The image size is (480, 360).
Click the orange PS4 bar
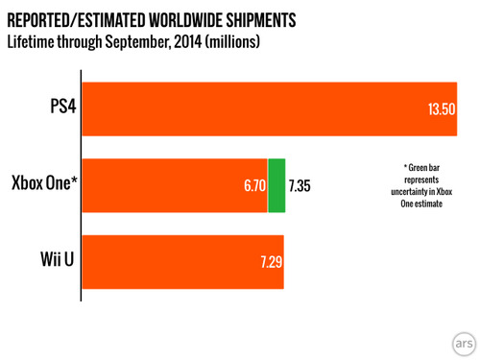click(270, 109)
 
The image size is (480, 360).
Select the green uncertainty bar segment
click(276, 185)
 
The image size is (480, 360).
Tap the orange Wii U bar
click(183, 262)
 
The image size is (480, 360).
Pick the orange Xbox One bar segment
click(175, 185)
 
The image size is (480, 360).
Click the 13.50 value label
click(442, 109)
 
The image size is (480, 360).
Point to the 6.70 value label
click(254, 185)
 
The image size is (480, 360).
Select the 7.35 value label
click(300, 185)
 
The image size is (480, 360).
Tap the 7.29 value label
click(272, 262)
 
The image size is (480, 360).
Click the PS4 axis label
click(63, 106)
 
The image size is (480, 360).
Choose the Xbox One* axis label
click(44, 182)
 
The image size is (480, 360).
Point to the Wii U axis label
click(58, 259)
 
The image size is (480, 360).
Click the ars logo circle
click(464, 344)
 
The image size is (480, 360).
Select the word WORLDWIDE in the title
click(186, 20)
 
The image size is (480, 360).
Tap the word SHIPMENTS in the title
click(261, 20)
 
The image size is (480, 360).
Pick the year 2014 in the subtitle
click(188, 41)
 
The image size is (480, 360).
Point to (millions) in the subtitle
click(232, 42)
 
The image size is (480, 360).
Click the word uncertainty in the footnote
click(410, 192)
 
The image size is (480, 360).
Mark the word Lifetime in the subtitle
click(31, 41)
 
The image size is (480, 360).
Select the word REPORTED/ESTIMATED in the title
click(77, 20)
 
